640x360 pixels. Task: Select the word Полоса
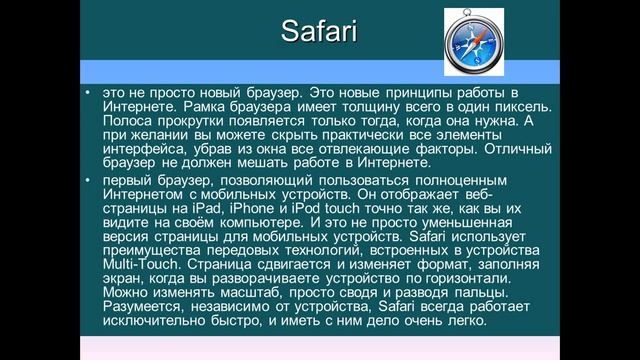pos(125,121)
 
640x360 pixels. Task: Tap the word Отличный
pos(519,150)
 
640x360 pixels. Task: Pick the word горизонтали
pos(477,279)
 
